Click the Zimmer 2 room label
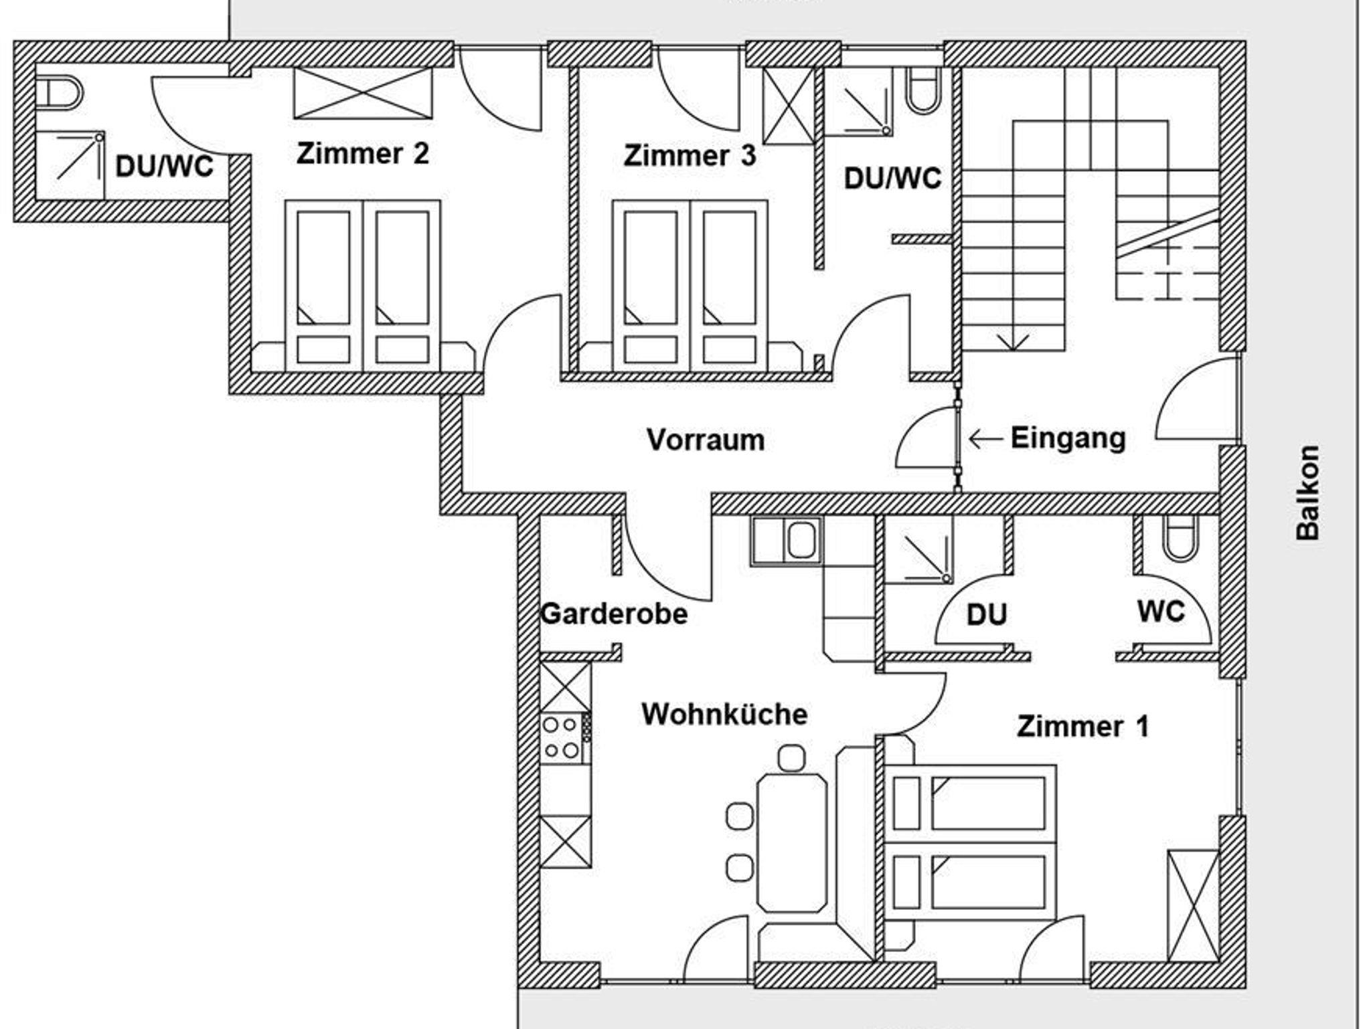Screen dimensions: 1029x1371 [362, 154]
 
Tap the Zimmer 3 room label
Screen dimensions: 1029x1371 [690, 156]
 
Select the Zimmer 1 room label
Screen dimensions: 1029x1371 [1082, 727]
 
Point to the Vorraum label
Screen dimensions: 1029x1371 [706, 440]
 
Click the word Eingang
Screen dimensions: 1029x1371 [1068, 438]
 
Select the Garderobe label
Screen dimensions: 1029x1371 [614, 614]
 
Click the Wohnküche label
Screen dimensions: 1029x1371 [724, 715]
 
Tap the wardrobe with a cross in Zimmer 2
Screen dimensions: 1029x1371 [363, 93]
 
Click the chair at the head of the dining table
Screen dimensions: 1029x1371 [792, 758]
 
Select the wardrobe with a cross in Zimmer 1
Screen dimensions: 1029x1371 [1193, 906]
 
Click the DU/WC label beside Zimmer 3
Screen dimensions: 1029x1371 [892, 179]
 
